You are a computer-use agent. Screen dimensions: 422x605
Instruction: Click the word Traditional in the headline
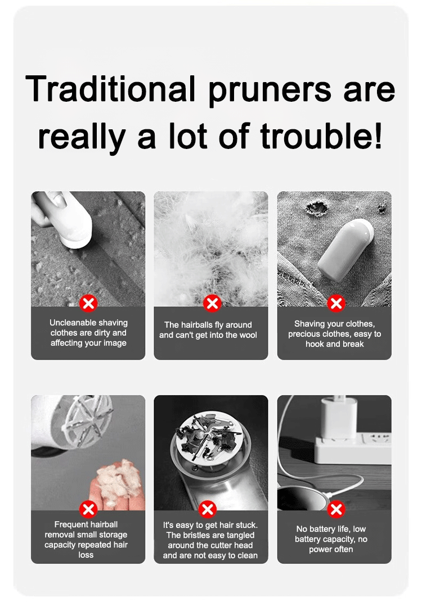point(110,89)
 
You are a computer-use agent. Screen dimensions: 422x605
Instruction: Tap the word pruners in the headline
point(270,92)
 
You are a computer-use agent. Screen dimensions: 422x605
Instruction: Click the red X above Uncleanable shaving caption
point(88,303)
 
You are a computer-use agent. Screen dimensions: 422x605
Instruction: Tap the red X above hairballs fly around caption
point(212,303)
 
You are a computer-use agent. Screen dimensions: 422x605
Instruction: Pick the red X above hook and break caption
point(336,303)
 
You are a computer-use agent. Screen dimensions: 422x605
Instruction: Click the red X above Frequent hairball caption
point(88,509)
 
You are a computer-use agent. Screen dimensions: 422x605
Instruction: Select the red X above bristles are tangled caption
point(208,509)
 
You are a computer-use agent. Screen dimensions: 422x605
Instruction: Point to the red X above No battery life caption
point(336,509)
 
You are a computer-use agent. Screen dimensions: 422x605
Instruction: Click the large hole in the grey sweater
point(317,209)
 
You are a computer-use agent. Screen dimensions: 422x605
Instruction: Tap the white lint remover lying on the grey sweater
point(345,250)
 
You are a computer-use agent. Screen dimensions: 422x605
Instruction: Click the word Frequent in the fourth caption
point(70,525)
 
